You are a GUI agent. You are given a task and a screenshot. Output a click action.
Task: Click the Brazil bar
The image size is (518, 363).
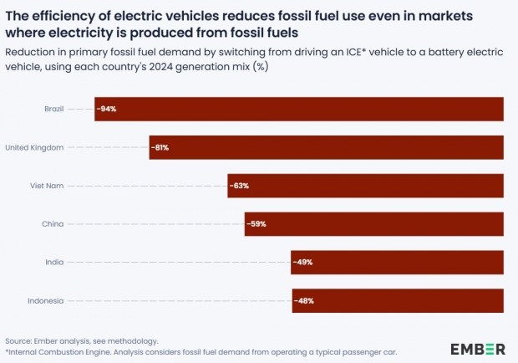tap(299, 109)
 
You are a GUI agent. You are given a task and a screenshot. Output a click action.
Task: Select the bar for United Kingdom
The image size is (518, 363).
tap(327, 147)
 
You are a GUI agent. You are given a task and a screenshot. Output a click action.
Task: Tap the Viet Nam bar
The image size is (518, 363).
tap(365, 186)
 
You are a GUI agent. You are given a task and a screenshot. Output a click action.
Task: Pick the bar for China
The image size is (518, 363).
tap(374, 224)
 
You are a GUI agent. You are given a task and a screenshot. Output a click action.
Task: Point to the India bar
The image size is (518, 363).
tap(397, 263)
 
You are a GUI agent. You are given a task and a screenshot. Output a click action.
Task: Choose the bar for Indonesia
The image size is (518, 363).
tap(398, 301)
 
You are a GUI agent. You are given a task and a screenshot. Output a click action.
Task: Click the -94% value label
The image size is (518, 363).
tap(106, 109)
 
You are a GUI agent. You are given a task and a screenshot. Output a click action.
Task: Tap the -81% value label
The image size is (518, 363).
tap(160, 147)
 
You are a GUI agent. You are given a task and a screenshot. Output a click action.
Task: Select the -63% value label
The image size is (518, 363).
tap(239, 186)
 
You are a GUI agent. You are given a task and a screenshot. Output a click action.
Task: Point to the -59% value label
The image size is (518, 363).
tap(256, 224)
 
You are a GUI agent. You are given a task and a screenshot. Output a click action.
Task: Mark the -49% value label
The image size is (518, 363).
tap(302, 263)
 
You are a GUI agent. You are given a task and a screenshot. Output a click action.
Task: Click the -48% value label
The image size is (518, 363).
tap(304, 301)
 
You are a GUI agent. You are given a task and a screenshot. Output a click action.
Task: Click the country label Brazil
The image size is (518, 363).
tap(54, 109)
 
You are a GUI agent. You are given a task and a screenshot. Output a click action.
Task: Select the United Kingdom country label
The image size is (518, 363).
tap(34, 147)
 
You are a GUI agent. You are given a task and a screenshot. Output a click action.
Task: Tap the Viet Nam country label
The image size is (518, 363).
tap(47, 186)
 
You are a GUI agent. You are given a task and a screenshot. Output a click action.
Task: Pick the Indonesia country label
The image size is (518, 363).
tap(46, 301)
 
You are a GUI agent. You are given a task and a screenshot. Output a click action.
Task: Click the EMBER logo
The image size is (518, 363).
tap(478, 349)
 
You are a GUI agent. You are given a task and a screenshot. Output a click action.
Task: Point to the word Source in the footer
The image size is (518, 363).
tap(18, 341)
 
